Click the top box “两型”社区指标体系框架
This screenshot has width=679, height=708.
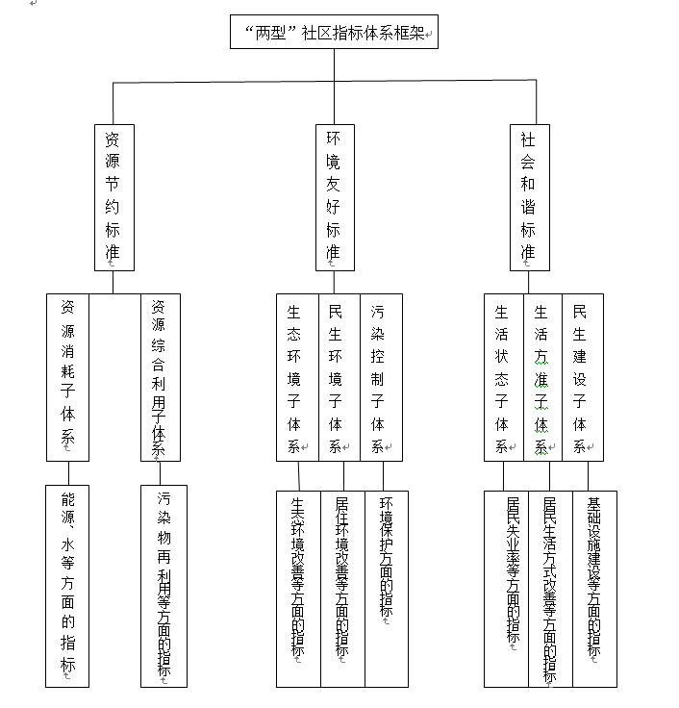tap(334, 32)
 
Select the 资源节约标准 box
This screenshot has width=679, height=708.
tap(114, 198)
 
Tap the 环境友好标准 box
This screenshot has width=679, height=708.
tap(335, 198)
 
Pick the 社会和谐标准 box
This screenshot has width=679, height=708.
tap(530, 198)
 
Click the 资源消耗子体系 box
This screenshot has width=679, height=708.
tap(67, 377)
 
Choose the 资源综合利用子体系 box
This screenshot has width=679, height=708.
tap(161, 377)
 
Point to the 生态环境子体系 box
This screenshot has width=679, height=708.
tap(297, 377)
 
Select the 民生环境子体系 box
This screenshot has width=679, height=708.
tap(339, 377)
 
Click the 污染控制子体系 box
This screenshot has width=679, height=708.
tap(382, 377)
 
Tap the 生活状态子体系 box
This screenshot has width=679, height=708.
tap(504, 377)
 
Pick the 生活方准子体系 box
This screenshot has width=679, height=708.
tap(543, 377)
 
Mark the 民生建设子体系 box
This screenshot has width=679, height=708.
tap(583, 377)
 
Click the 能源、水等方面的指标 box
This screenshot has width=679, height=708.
tap(67, 586)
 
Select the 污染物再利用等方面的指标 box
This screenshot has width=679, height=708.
tap(163, 586)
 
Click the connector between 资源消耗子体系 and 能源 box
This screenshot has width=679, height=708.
tap(68, 473)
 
